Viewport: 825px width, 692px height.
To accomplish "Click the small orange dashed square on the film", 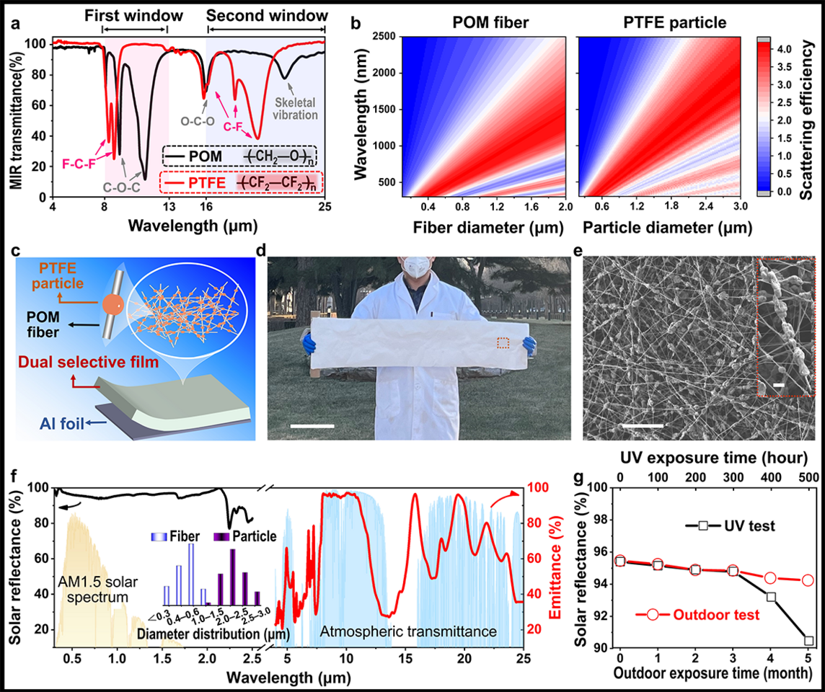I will pos(503,342).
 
